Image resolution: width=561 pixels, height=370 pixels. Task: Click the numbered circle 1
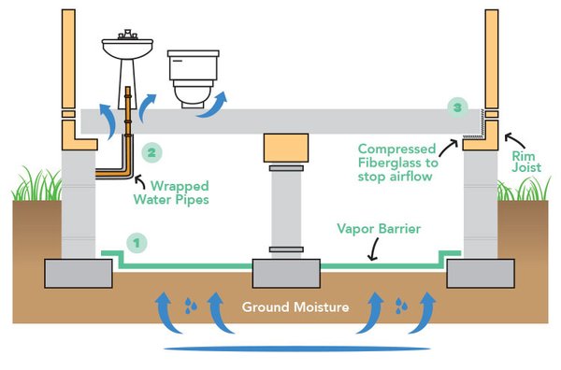click(x=137, y=243)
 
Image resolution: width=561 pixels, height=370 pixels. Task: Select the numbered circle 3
click(x=455, y=107)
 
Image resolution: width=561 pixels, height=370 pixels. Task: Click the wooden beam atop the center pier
click(x=287, y=148)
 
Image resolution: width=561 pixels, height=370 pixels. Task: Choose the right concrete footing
click(x=481, y=274)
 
